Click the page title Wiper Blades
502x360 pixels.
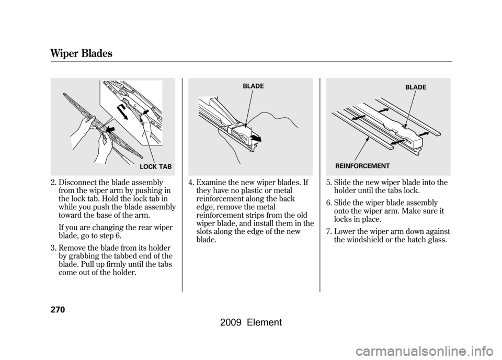(82, 53)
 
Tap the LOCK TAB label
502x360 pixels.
(156, 167)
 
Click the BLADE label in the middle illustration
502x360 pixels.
(253, 86)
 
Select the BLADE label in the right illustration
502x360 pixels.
(416, 87)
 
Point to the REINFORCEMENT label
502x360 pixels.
(362, 166)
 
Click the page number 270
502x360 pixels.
(58, 310)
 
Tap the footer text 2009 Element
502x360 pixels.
(251, 322)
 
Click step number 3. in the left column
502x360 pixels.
(53, 248)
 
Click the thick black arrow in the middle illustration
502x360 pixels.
(256, 138)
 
